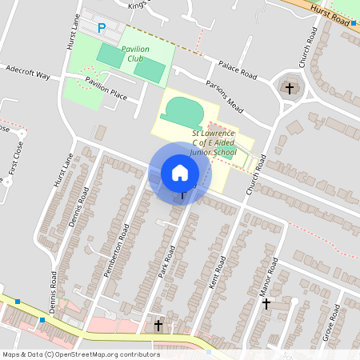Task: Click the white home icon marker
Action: (180, 172)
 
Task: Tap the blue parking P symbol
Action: (102, 28)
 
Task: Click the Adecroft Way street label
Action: (27, 74)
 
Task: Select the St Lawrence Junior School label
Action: (214, 142)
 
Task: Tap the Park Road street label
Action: (166, 262)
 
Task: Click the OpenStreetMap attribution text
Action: (80, 354)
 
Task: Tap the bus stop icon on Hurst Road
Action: (354, 23)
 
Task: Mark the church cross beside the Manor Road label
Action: (266, 303)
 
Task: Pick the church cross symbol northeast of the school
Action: (289, 87)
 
